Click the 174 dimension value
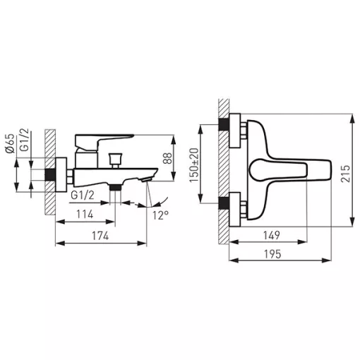(100, 236)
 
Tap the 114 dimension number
(85, 215)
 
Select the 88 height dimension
(167, 158)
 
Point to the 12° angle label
(161, 215)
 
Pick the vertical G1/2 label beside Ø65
(24, 140)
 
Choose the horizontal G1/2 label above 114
(83, 196)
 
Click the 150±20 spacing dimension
(194, 165)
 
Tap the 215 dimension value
(346, 174)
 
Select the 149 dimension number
(272, 235)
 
